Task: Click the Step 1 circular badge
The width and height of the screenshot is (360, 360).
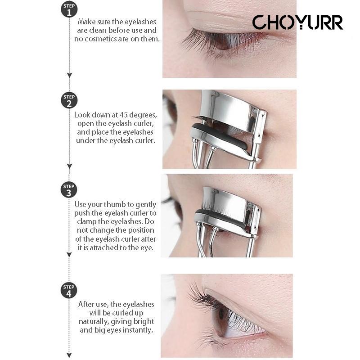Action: [x=69, y=9]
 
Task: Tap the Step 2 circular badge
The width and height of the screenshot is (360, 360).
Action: [x=69, y=100]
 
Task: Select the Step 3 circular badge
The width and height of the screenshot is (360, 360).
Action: [x=69, y=189]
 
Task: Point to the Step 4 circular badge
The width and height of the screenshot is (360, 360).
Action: [x=69, y=290]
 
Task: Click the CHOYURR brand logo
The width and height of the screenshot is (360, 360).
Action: [x=297, y=22]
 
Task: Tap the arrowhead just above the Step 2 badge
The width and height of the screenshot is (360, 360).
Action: [x=69, y=75]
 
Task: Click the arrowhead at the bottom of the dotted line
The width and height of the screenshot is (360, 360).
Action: [x=69, y=355]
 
